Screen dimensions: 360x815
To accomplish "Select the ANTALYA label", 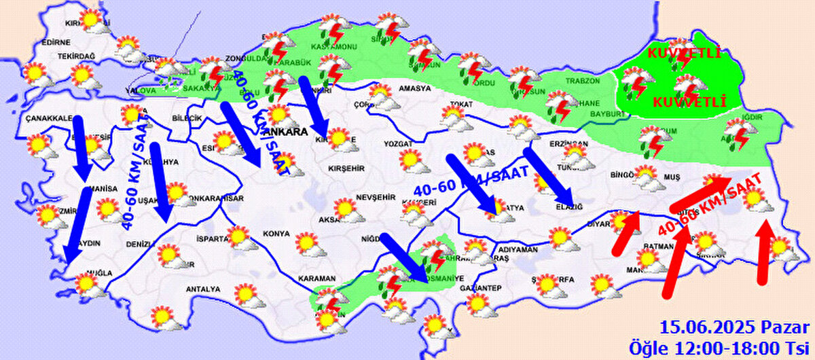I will tap(203, 289).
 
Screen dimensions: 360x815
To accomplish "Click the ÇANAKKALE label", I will tap(48, 118).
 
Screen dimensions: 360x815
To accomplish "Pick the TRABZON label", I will tap(582, 80).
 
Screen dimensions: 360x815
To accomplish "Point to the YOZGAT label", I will tap(398, 144).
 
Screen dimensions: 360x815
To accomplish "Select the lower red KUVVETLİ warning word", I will tap(689, 103).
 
